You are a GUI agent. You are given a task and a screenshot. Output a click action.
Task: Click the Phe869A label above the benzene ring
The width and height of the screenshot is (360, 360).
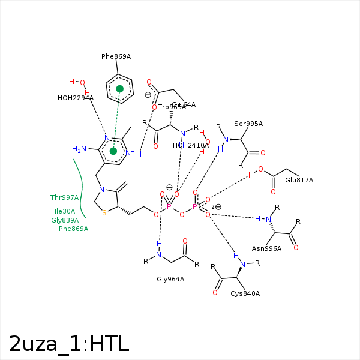(116, 56)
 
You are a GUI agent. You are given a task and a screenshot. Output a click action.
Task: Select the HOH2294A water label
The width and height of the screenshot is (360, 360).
(76, 98)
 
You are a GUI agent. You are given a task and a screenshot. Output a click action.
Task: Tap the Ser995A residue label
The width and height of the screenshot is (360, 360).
(248, 124)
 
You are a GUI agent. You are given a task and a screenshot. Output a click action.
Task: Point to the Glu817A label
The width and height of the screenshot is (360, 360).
(299, 180)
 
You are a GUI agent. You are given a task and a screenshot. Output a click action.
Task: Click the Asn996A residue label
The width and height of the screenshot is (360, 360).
(266, 248)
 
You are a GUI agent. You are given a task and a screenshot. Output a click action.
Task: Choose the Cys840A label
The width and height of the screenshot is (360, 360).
(245, 293)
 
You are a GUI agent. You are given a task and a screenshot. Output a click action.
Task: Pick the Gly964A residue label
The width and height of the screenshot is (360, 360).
(170, 279)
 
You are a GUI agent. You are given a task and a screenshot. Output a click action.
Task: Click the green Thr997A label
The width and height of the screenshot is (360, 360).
(64, 197)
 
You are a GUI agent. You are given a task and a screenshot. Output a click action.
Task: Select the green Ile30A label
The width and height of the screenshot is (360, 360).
(65, 211)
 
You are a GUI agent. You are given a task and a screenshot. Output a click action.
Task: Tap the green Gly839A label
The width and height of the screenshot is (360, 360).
(65, 220)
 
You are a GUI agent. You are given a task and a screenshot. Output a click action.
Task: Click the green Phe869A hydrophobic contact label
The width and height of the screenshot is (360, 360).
(73, 229)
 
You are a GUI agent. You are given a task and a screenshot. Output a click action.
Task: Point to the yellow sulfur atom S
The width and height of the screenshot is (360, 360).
(104, 212)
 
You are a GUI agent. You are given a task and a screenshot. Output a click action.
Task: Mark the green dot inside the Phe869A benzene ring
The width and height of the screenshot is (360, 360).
(120, 89)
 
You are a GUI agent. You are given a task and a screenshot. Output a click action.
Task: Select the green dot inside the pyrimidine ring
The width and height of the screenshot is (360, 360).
(113, 151)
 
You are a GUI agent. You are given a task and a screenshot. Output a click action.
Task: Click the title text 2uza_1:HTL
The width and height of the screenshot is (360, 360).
(69, 343)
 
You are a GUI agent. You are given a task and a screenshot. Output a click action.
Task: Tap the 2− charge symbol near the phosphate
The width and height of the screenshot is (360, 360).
(217, 207)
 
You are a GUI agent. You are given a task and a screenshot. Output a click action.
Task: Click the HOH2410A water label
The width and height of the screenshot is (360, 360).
(191, 145)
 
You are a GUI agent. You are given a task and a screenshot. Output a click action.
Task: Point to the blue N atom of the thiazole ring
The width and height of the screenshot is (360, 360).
(102, 190)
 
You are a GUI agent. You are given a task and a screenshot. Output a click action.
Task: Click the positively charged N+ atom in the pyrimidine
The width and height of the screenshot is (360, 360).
(130, 153)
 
